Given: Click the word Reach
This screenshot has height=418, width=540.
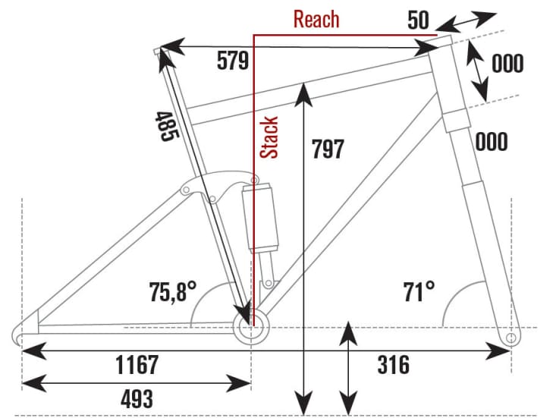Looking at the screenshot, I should [x=316, y=19].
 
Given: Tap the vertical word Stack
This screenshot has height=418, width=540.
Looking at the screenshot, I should [x=270, y=137].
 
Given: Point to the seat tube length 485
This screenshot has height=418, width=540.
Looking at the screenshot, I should [x=167, y=126].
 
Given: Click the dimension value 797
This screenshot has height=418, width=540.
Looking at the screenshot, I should [x=328, y=149].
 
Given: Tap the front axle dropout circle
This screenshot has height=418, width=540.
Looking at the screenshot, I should [x=510, y=335].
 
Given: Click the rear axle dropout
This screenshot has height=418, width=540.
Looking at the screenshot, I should [x=23, y=332].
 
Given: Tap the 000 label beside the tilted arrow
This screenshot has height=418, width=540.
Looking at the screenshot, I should [x=507, y=64].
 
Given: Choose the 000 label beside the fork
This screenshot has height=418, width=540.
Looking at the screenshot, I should [x=492, y=142].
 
